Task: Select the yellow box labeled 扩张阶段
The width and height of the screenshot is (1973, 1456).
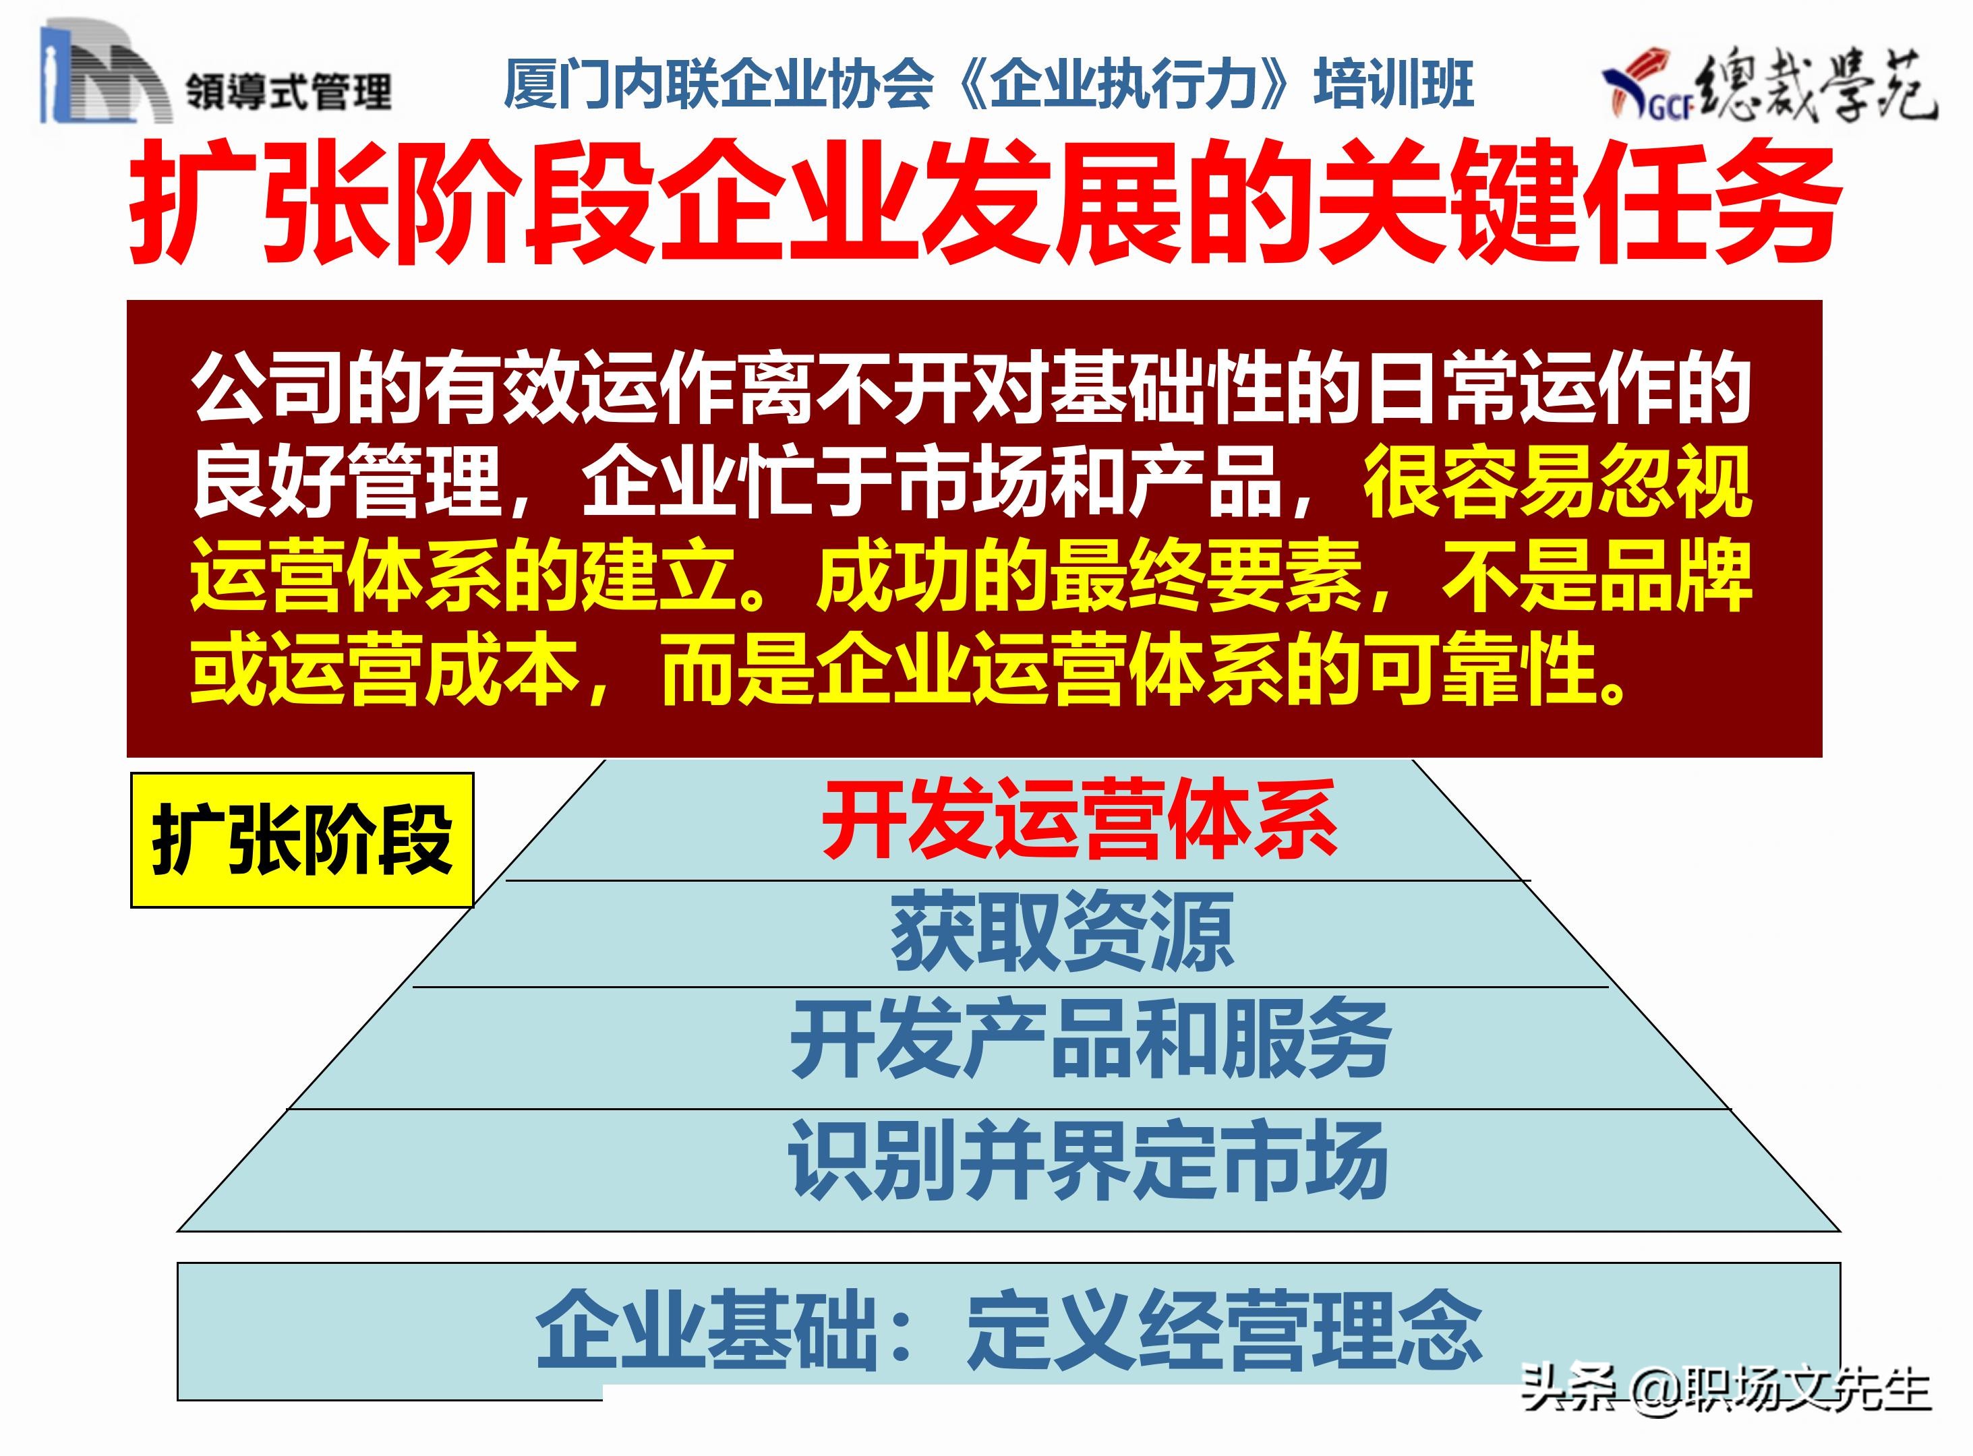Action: point(301,840)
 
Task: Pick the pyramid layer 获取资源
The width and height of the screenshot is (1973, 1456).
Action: point(1061,931)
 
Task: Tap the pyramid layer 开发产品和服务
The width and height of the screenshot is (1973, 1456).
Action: point(1090,1040)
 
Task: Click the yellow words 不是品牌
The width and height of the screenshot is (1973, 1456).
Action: point(1595,576)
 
